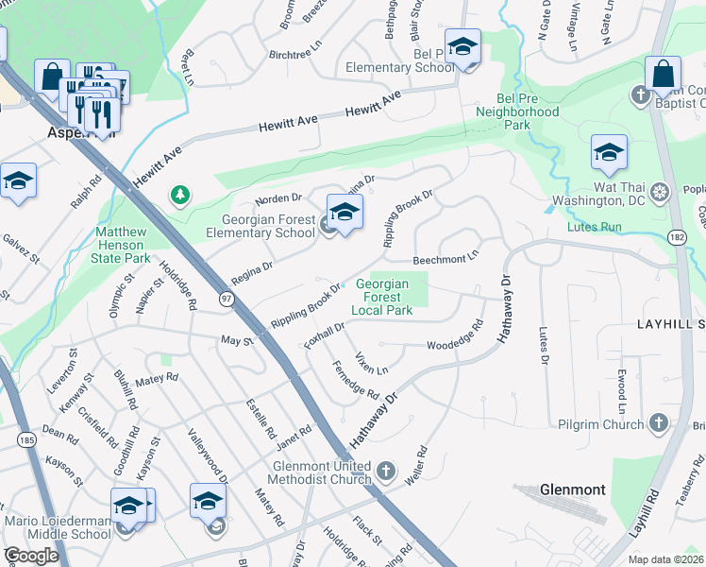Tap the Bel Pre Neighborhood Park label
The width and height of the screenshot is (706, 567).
pos(529,118)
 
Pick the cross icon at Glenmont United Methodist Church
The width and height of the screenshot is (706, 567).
pos(385,471)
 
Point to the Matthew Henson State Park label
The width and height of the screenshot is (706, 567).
pos(122,245)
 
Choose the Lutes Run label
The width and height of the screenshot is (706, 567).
pos(594,227)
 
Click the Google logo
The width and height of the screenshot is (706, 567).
pos(31,555)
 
